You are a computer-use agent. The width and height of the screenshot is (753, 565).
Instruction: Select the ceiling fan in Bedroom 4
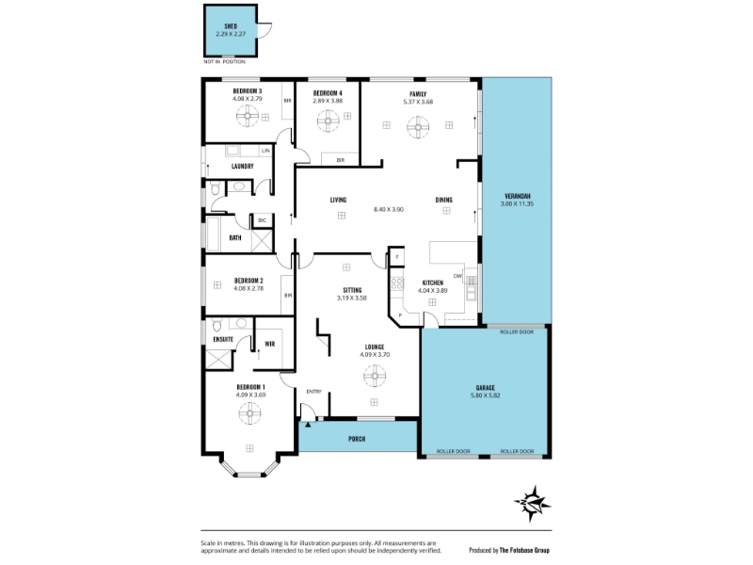pos(329,120)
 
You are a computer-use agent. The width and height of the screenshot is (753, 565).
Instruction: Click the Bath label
pos(235,238)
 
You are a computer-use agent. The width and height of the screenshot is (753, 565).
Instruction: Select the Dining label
pos(443,200)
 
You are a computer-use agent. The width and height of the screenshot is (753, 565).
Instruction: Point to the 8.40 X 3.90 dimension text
pos(389,209)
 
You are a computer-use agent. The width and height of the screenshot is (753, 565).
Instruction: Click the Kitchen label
pos(432,282)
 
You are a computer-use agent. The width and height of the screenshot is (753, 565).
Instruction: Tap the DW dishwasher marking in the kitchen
pos(457,275)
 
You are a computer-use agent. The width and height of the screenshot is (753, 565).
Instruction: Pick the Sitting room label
pos(351,290)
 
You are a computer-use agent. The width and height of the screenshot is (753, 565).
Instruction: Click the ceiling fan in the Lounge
pos(375,378)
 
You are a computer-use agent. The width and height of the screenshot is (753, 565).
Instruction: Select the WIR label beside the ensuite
pos(269,344)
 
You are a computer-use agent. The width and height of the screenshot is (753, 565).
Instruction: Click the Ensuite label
pos(224,337)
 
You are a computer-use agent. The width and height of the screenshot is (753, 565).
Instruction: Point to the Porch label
pos(357,439)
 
